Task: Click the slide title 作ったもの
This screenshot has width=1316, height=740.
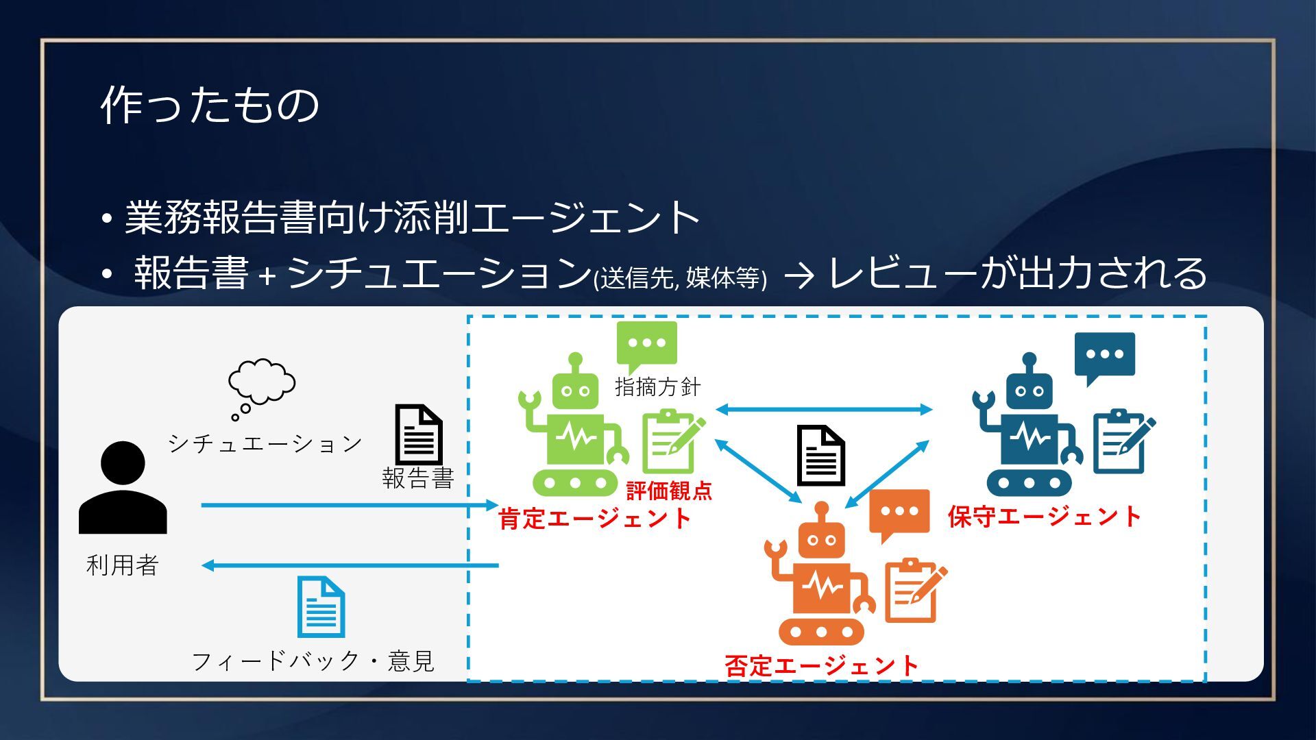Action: (210, 106)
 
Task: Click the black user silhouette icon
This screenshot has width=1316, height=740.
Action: (123, 488)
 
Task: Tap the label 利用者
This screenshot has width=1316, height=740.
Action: (123, 565)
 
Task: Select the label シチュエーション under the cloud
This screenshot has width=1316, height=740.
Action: (265, 444)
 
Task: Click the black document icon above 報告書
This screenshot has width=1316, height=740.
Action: (418, 434)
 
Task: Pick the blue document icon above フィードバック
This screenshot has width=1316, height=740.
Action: (321, 607)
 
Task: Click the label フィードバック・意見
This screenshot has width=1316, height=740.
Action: (313, 661)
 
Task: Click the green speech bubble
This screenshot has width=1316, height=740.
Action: (646, 345)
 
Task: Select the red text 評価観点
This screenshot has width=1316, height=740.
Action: (669, 491)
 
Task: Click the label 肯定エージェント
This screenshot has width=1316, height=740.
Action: (595, 519)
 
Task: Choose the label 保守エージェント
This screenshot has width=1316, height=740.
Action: (1045, 517)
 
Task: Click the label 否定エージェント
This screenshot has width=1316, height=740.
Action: (821, 665)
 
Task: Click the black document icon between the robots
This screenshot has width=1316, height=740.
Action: (820, 456)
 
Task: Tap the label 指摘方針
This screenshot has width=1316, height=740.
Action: (658, 387)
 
